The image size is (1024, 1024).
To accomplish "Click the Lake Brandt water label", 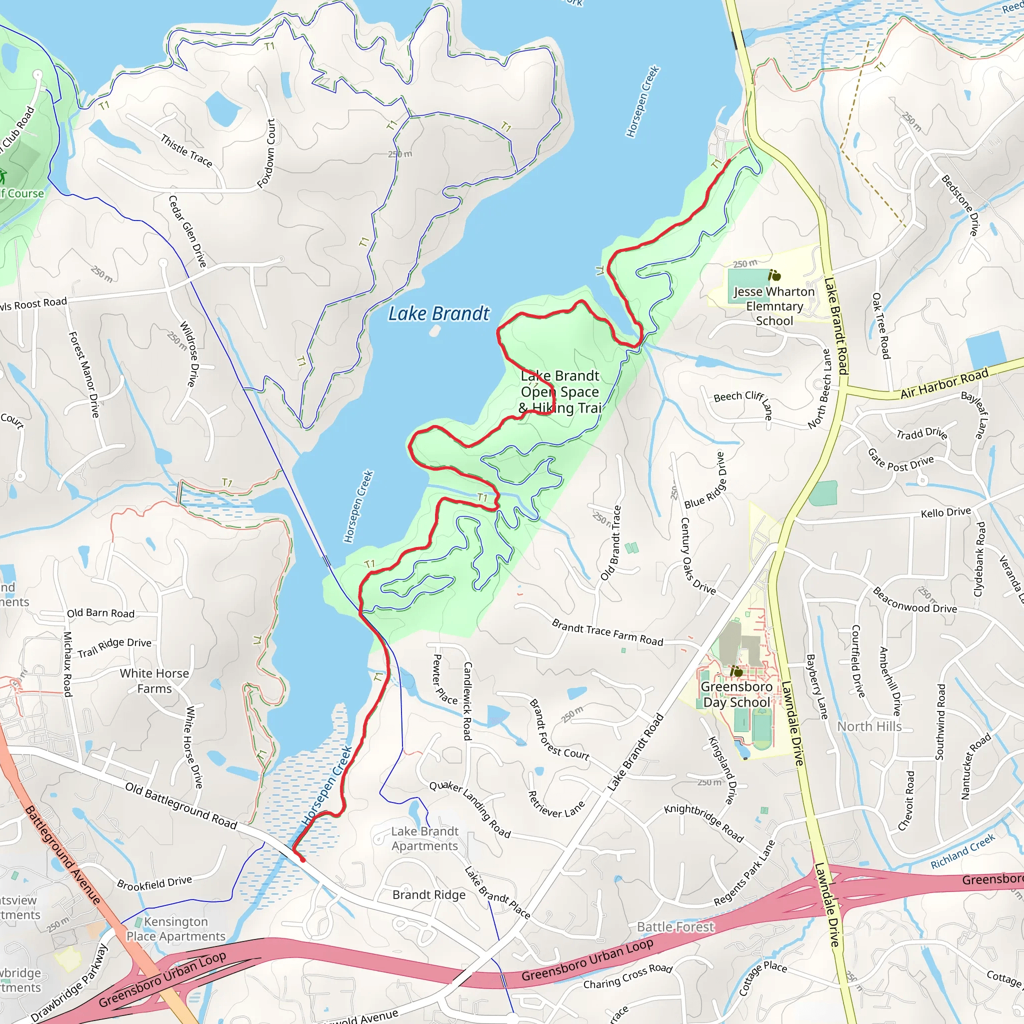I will pyautogui.click(x=439, y=314).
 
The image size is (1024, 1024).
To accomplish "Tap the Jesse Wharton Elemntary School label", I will pyautogui.click(x=774, y=306).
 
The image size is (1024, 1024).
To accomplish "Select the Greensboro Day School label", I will pyautogui.click(x=736, y=694).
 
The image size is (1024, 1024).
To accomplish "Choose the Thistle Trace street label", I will pyautogui.click(x=186, y=151).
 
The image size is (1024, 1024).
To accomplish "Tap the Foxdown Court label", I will pyautogui.click(x=266, y=153).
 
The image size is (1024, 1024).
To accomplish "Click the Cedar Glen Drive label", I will pyautogui.click(x=187, y=231).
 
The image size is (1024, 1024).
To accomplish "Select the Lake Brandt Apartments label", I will pyautogui.click(x=424, y=838).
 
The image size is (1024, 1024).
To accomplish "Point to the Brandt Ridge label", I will pyautogui.click(x=429, y=894).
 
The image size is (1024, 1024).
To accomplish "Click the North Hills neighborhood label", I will pyautogui.click(x=869, y=726).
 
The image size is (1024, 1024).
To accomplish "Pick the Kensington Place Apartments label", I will pyautogui.click(x=176, y=929).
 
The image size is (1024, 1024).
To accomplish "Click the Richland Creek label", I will pyautogui.click(x=962, y=851).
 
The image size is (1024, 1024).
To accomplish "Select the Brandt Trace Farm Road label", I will pyautogui.click(x=607, y=632).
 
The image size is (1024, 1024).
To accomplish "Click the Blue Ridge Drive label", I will pyautogui.click(x=705, y=480).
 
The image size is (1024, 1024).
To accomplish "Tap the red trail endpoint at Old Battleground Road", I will pyautogui.click(x=302, y=859).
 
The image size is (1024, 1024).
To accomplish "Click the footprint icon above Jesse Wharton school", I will pyautogui.click(x=774, y=275).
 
